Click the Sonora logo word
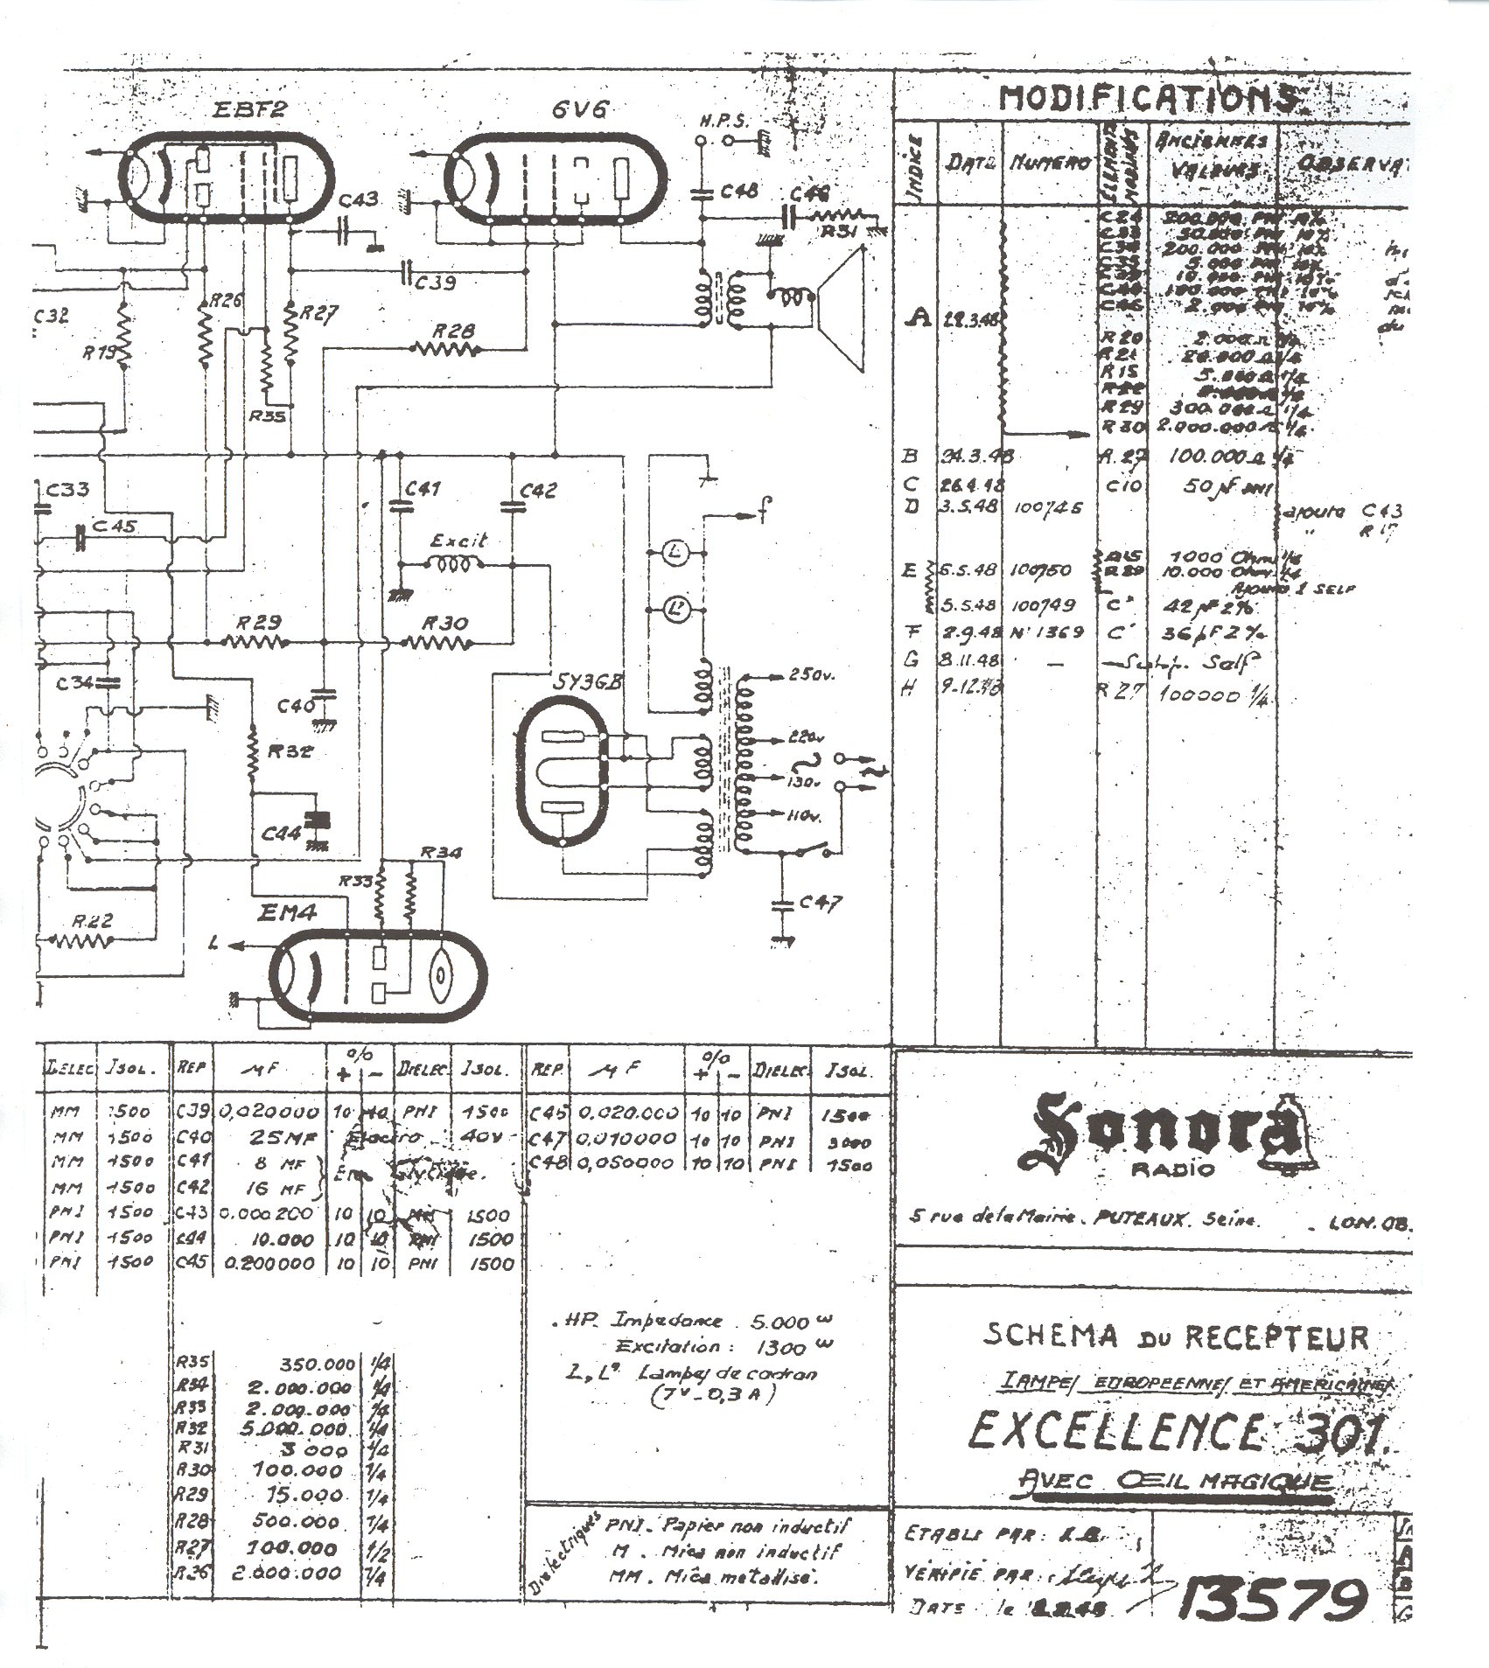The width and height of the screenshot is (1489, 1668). pos(1155,1134)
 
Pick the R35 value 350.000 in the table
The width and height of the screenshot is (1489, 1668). pos(318,1363)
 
